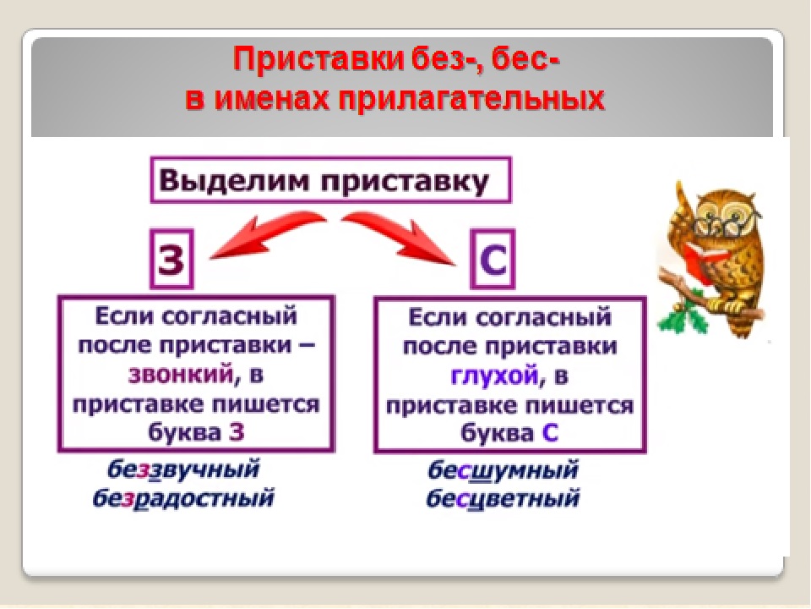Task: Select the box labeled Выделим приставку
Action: click(330, 179)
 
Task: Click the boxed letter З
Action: click(171, 259)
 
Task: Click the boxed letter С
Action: click(493, 259)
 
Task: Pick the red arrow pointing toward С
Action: click(398, 236)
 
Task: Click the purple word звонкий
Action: click(181, 375)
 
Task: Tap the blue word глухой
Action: click(494, 375)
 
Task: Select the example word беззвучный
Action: click(183, 469)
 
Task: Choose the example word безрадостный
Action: click(183, 497)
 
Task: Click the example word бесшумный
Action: click(503, 470)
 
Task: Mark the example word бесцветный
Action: click(503, 498)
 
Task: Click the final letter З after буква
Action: click(236, 432)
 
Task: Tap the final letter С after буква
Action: click(550, 433)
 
